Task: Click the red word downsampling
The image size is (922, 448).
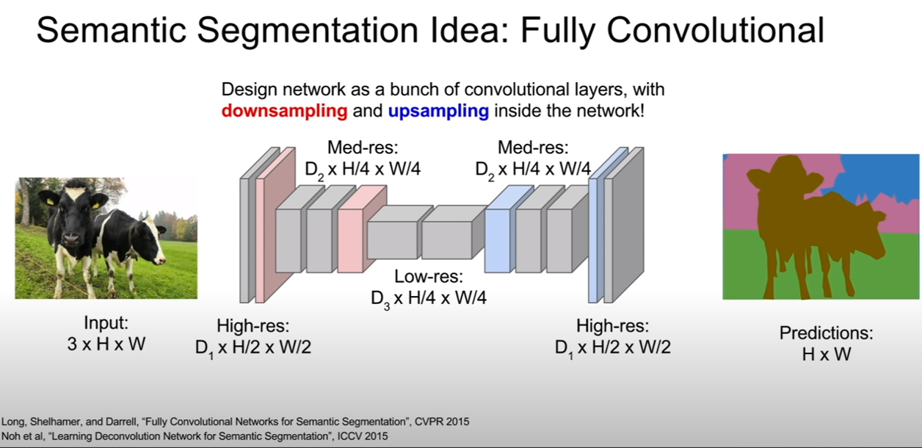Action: click(284, 111)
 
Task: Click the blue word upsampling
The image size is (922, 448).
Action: click(438, 111)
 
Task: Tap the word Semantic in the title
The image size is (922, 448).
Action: click(112, 29)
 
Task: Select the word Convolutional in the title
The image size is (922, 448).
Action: click(716, 29)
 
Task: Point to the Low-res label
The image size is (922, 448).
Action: click(429, 276)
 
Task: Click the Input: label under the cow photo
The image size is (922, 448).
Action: click(106, 322)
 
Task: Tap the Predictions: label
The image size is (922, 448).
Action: click(826, 333)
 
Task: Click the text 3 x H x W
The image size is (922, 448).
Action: click(106, 344)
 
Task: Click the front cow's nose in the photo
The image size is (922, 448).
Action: click(70, 239)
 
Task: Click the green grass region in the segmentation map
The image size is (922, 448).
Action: click(741, 264)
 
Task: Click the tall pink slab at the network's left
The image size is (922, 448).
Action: click(275, 225)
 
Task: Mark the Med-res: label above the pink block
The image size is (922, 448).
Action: click(363, 148)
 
